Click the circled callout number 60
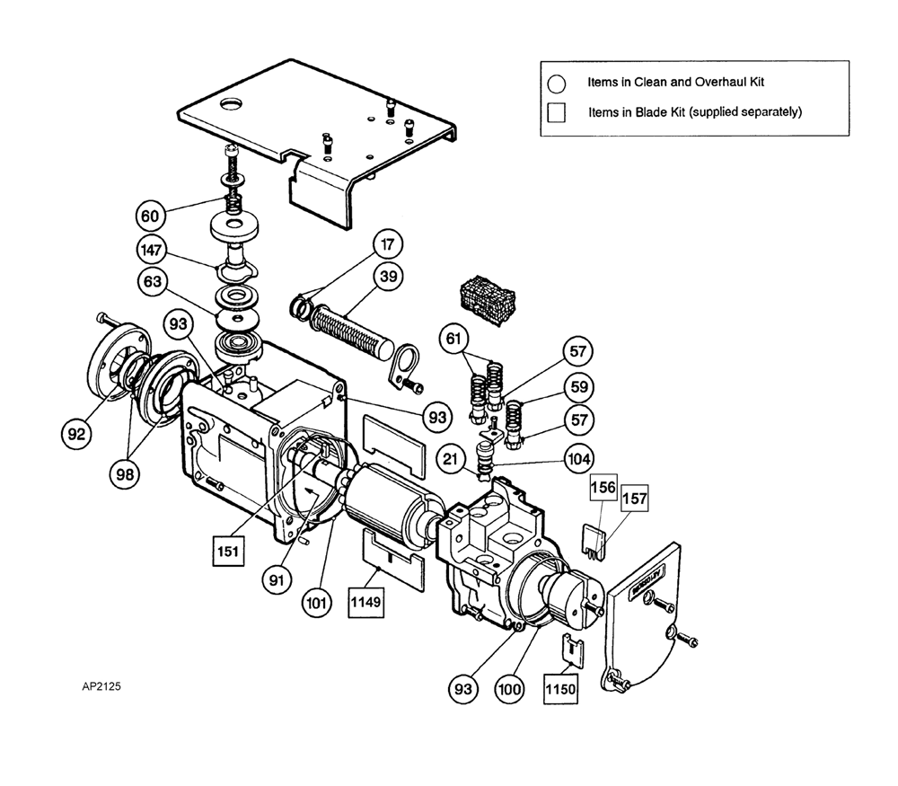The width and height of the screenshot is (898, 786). coord(150,216)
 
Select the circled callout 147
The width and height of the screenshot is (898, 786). coord(151,250)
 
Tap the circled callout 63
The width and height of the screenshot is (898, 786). coord(153,282)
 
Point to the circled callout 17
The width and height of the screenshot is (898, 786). coord(388,244)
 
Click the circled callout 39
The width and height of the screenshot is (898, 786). coord(388,277)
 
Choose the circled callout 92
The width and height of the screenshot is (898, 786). coord(76,434)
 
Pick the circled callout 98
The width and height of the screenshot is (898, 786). coord(125,473)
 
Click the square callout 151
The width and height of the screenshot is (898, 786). coord(228,551)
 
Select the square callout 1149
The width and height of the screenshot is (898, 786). coord(366,602)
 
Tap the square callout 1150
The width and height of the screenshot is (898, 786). coord(560,688)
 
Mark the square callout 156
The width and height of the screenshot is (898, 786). coord(603,487)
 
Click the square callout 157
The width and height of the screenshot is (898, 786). coord(635,498)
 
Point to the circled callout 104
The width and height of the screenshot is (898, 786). coord(579,459)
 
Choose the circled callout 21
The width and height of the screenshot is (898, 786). coord(451,459)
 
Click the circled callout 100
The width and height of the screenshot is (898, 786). coord(509,689)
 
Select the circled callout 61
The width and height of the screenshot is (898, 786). coord(453,339)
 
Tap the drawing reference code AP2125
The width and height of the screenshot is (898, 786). coord(101,686)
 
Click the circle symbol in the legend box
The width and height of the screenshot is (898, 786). coord(556,84)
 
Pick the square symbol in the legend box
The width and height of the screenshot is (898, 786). coord(556,112)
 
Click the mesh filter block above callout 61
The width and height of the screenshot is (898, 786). coord(488,300)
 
